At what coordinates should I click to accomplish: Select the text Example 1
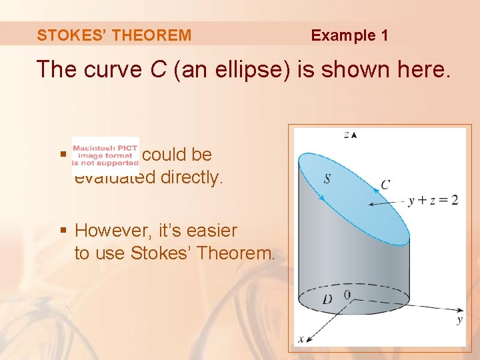click(349, 35)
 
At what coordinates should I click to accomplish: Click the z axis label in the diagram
click(347, 134)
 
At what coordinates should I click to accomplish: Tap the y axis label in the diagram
click(459, 321)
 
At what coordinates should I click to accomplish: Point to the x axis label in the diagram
click(301, 339)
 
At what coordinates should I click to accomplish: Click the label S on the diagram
click(327, 179)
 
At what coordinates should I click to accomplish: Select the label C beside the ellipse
click(385, 185)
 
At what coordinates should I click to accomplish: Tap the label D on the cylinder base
click(327, 299)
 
